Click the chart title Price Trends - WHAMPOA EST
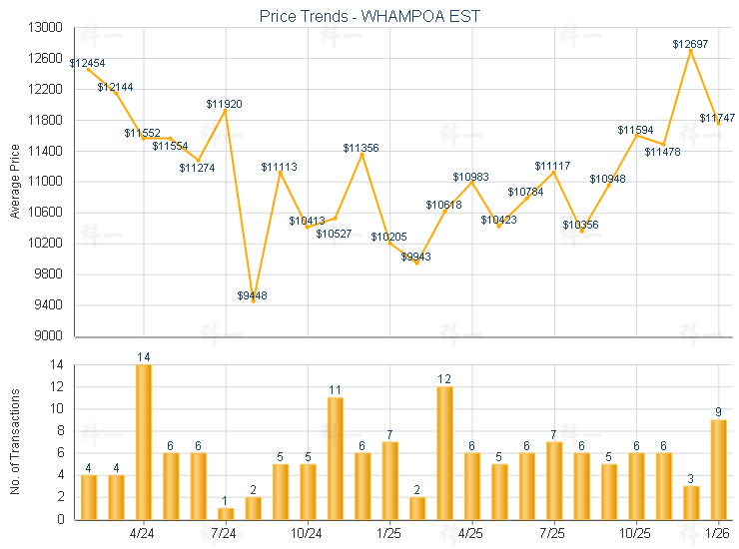[369, 17]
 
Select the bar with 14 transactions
[144, 441]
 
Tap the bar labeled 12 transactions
[444, 453]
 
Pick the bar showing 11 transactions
[336, 458]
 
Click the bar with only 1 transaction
[226, 513]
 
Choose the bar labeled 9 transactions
[718, 469]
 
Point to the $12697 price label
[690, 44]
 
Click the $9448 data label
[253, 295]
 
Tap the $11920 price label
[224, 104]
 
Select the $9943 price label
[416, 257]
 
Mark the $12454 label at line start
[88, 63]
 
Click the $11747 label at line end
[717, 118]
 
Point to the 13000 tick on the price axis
[46, 28]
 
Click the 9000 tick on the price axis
[49, 335]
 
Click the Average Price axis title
[15, 182]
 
